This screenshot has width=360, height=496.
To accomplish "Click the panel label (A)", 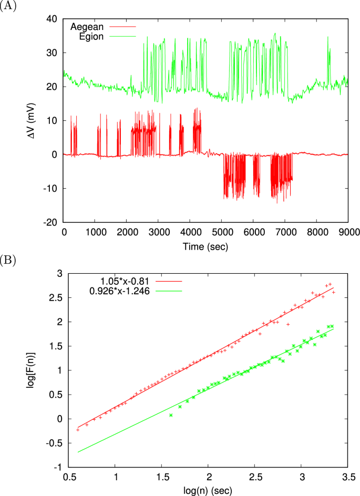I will [x=9, y=7].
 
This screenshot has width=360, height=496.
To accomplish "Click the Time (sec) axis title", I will [x=205, y=245].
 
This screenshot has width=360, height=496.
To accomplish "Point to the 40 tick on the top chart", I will [x=53, y=19].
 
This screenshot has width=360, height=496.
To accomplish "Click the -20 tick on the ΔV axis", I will [x=51, y=222].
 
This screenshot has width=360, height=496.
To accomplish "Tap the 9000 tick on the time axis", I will [x=347, y=232].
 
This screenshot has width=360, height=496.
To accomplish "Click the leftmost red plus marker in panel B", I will [x=78, y=430].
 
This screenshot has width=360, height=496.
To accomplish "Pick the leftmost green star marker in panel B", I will [x=171, y=415].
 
